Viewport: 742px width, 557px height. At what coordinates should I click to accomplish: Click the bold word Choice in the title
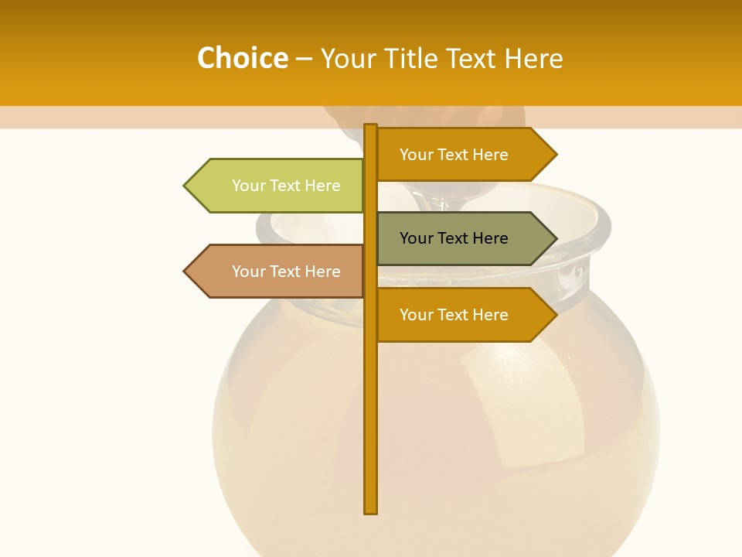click(x=242, y=59)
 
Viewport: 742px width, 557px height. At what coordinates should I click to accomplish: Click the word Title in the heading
click(x=410, y=59)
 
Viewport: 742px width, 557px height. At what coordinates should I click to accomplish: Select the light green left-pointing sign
click(x=278, y=186)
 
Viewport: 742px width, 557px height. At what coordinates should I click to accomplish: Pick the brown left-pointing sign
click(x=278, y=272)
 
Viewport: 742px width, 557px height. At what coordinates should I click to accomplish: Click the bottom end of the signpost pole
click(x=371, y=511)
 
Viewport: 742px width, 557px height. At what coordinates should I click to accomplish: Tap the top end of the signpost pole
click(x=371, y=127)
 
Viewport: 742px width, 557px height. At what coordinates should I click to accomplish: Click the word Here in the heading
click(x=533, y=59)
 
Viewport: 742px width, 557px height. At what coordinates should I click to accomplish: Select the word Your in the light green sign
click(x=248, y=186)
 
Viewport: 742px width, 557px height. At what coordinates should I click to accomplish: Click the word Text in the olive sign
click(x=454, y=238)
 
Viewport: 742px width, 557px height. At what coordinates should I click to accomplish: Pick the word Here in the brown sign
click(x=322, y=272)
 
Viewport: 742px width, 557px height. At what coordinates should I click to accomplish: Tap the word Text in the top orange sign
click(x=454, y=155)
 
